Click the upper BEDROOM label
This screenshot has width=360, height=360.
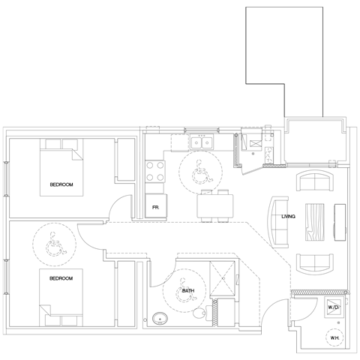61,184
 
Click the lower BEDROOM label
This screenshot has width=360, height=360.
61,278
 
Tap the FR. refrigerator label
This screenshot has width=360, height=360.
156,207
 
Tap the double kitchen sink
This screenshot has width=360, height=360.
202,142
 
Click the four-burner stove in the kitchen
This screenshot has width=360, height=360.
155,172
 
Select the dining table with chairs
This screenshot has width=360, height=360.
215,205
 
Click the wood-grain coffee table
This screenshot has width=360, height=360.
315,223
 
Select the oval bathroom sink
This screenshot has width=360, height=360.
160,319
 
